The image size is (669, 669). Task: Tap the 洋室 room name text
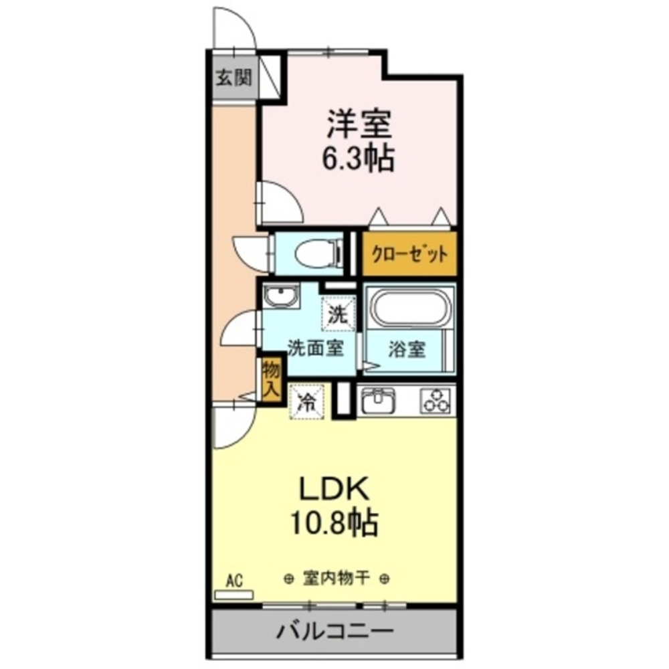[359, 124]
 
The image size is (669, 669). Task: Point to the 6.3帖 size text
[359, 159]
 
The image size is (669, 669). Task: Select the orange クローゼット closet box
[409, 254]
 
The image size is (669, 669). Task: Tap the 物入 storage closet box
[270, 379]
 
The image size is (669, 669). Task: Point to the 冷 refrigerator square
[306, 401]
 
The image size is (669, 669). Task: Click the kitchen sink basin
[379, 401]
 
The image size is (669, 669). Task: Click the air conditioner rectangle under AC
[233, 594]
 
